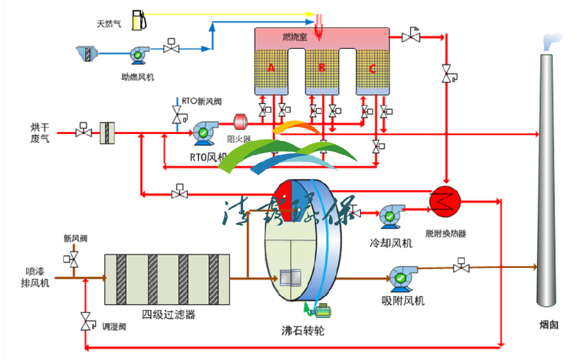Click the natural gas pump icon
click(139, 19)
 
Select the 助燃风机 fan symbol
click(139, 55)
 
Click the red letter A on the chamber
click(271, 68)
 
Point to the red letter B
click(322, 68)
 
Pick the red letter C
click(372, 68)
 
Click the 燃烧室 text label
click(294, 37)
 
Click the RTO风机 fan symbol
click(204, 133)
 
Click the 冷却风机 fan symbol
click(390, 215)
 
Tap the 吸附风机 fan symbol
click(402, 276)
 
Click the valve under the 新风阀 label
click(73, 260)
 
